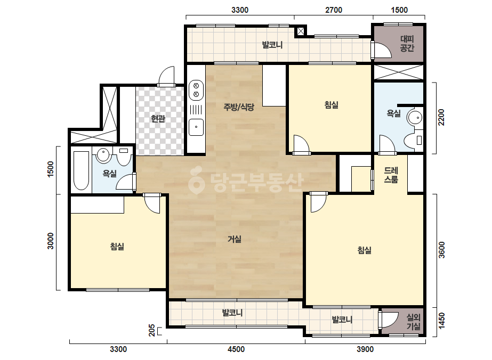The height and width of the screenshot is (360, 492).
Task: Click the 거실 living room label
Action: click(x=235, y=239)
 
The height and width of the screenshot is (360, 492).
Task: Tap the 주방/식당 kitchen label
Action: click(x=238, y=107)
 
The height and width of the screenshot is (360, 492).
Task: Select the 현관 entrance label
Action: click(x=158, y=119)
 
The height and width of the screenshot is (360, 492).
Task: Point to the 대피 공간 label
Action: click(x=407, y=43)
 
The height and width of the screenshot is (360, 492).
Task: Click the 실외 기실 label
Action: click(x=413, y=322)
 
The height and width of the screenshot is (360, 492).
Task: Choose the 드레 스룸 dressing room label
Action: click(x=391, y=175)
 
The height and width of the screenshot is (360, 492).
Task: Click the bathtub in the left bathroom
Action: click(x=81, y=170)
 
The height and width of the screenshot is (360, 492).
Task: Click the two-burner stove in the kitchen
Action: click(x=196, y=89)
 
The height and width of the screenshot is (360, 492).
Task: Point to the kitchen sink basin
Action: click(x=196, y=127)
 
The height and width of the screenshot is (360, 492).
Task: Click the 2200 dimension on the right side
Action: click(x=441, y=117)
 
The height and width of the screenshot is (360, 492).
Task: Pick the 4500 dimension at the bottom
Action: click(x=236, y=349)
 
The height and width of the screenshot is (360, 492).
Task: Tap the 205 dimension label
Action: click(x=152, y=331)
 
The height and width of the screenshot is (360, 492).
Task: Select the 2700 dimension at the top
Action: click(x=334, y=10)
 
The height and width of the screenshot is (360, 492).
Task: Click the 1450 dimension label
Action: click(x=441, y=321)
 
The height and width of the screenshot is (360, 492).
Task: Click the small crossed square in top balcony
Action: click(x=300, y=31)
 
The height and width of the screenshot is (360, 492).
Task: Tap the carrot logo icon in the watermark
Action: click(x=196, y=181)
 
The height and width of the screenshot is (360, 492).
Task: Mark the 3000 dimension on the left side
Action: click(x=51, y=241)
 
